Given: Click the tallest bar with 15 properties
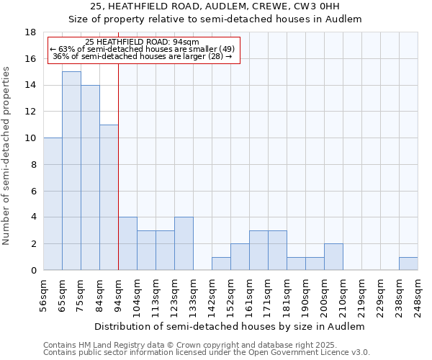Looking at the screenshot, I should coord(71,171).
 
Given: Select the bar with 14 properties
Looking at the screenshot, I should coord(90,177).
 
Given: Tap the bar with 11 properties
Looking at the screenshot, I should coord(109,197).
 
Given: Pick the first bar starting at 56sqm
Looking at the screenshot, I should coord(53,204).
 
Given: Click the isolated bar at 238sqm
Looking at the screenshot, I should coord(408,264).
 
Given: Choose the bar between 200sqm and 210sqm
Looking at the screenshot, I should coord(333,257).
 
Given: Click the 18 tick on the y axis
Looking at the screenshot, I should coord(30,32).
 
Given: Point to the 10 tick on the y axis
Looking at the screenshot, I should coord(30,138).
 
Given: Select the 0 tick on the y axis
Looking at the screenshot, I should coord(33,270).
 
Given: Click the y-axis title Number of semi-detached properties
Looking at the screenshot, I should coord(7,155).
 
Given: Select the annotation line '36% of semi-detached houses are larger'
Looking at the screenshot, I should coord(143,55).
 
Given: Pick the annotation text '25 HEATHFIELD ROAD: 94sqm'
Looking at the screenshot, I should coord(137,42).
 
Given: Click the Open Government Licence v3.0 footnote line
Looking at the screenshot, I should coord(207,353).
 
